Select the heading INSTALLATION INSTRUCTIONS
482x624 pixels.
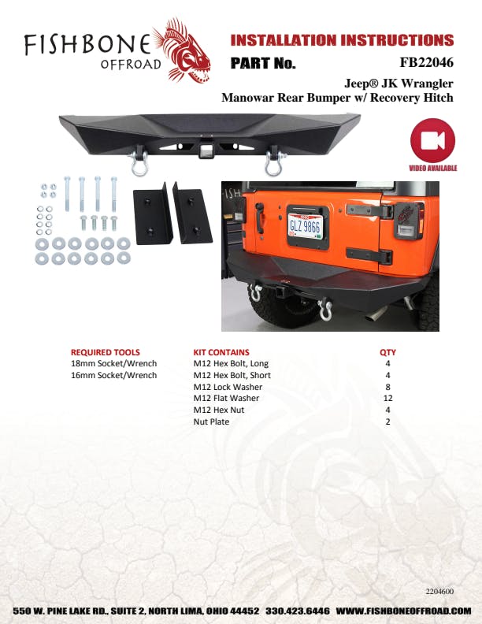(342, 40)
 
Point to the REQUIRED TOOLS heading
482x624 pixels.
(106, 352)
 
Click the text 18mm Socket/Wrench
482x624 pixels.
(114, 364)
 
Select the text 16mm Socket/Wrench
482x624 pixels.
(114, 375)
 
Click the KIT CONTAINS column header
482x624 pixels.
(221, 352)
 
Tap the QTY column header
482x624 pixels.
(387, 352)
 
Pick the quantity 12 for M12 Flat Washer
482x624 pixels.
(387, 398)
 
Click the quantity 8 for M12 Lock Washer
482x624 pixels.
(387, 387)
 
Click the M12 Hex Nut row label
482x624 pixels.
(217, 410)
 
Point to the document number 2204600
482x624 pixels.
(439, 590)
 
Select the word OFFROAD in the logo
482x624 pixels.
(131, 64)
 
